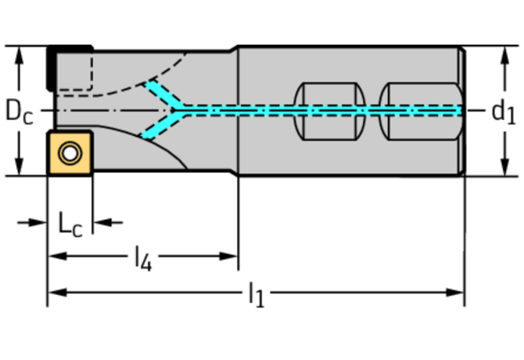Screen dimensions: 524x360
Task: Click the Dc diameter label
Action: click(x=20, y=112)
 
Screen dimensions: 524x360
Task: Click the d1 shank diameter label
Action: click(x=504, y=112)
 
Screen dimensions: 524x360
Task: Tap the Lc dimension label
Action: click(x=70, y=224)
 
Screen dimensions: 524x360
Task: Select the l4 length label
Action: click(x=143, y=258)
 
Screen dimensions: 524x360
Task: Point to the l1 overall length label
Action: click(x=257, y=295)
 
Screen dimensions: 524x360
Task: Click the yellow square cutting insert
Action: click(x=70, y=153)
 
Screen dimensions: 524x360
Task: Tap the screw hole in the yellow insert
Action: click(x=70, y=153)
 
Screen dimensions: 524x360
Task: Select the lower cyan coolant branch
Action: click(x=163, y=125)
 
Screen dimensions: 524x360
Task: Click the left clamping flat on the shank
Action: click(x=329, y=111)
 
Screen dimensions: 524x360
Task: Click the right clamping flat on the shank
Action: click(x=421, y=111)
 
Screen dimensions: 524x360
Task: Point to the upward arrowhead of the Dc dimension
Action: click(x=20, y=55)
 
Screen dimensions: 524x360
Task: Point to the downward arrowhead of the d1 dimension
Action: click(x=505, y=167)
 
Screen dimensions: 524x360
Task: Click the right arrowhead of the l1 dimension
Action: click(x=454, y=293)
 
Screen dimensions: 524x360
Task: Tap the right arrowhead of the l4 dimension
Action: click(x=228, y=257)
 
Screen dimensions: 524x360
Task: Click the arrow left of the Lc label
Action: click(x=32, y=222)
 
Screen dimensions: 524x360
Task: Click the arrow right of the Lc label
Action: click(x=108, y=222)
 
